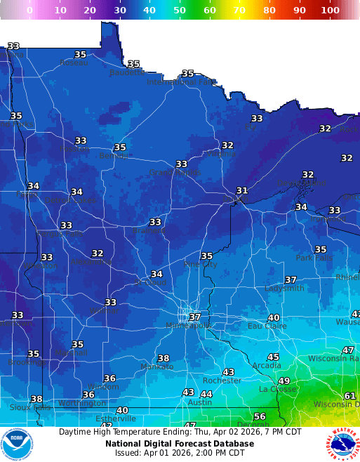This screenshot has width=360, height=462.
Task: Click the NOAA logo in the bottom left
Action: [17, 444]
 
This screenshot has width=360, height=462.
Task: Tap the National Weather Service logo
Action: [342, 444]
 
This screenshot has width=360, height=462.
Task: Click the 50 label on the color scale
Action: [180, 11]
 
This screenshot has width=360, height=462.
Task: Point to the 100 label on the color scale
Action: [330, 11]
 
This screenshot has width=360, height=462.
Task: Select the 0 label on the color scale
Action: [29, 11]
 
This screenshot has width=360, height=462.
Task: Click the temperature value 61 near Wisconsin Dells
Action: [349, 396]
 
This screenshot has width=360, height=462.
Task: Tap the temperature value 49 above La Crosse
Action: [284, 381]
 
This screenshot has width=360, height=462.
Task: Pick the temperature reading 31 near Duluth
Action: [242, 191]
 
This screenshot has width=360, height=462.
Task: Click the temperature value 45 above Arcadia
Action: [273, 357]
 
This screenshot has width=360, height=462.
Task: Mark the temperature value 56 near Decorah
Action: [260, 416]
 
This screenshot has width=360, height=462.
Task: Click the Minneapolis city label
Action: [188, 326]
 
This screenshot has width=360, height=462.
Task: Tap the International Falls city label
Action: [181, 82]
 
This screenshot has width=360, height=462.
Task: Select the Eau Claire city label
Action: [267, 326]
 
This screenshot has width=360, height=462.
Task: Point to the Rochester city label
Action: [221, 381]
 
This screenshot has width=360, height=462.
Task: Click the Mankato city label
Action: [156, 367]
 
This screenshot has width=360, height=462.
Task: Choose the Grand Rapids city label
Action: [174, 173]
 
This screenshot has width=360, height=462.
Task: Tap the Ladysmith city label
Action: [284, 289]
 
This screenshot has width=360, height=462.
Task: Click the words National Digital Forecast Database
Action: [180, 444]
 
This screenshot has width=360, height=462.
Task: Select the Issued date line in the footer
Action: [180, 454]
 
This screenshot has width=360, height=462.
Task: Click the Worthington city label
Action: [82, 403]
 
